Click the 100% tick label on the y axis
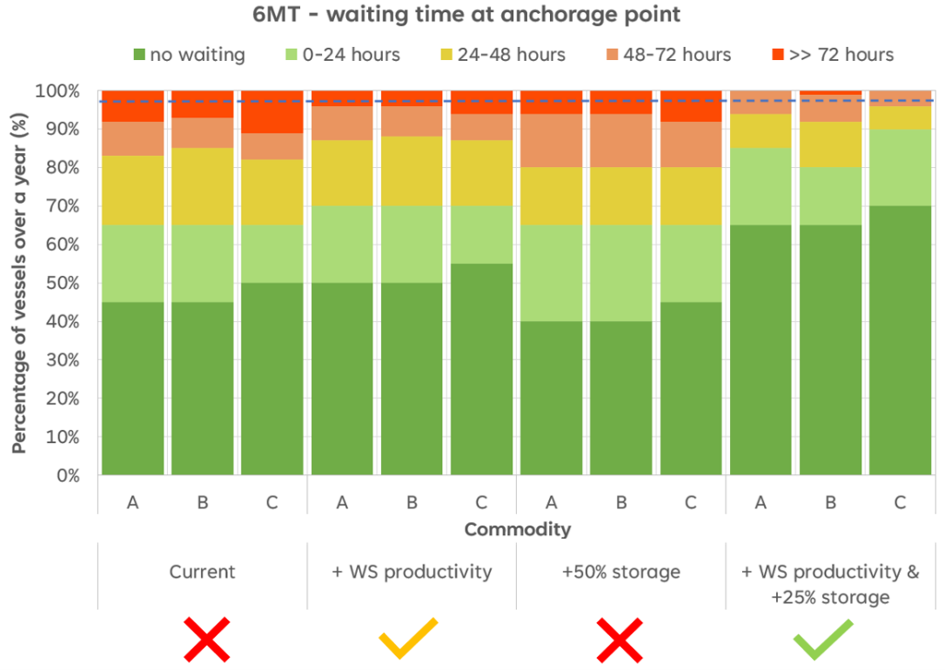pos(57,91)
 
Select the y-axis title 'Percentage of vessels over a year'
pos(19,283)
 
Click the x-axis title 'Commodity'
pos(517,529)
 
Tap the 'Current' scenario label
pos(202,572)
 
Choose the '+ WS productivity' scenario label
pos(412,572)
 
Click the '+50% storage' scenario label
pos(620,572)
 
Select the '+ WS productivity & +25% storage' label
pos(829,584)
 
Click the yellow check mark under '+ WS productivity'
pos(408,639)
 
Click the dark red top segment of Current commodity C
pos(272,111)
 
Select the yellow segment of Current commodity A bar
pos(133,192)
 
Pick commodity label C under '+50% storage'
pos(691,502)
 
